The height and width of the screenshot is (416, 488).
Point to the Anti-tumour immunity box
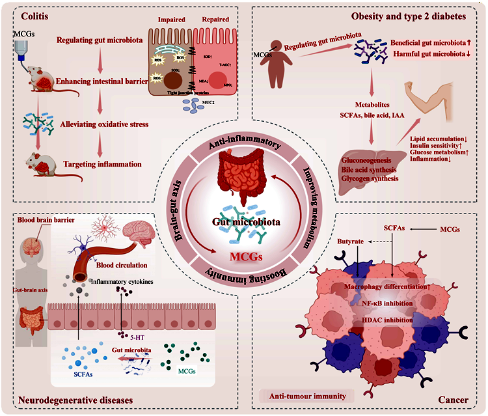tap(303, 395)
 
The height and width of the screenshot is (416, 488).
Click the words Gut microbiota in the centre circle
tap(243, 221)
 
